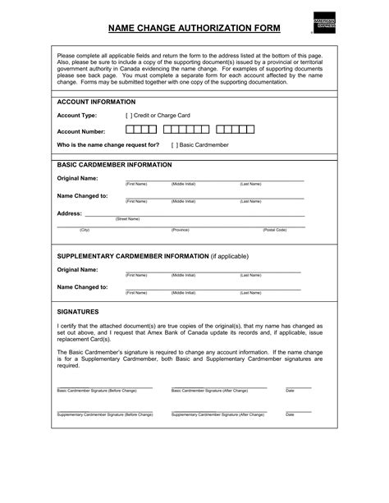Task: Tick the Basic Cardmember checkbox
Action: click(x=176, y=144)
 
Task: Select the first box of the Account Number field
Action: click(x=130, y=130)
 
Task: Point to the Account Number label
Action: click(x=80, y=130)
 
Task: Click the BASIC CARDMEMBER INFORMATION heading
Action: click(x=114, y=164)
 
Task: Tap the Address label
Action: click(x=69, y=213)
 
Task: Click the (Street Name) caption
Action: click(x=128, y=219)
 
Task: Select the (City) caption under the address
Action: click(x=85, y=231)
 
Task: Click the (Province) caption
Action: click(x=180, y=231)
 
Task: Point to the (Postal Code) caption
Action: click(x=274, y=231)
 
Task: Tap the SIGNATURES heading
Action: click(x=78, y=313)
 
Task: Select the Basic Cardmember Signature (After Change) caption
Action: click(x=209, y=391)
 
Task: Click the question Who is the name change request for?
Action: click(x=108, y=144)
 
